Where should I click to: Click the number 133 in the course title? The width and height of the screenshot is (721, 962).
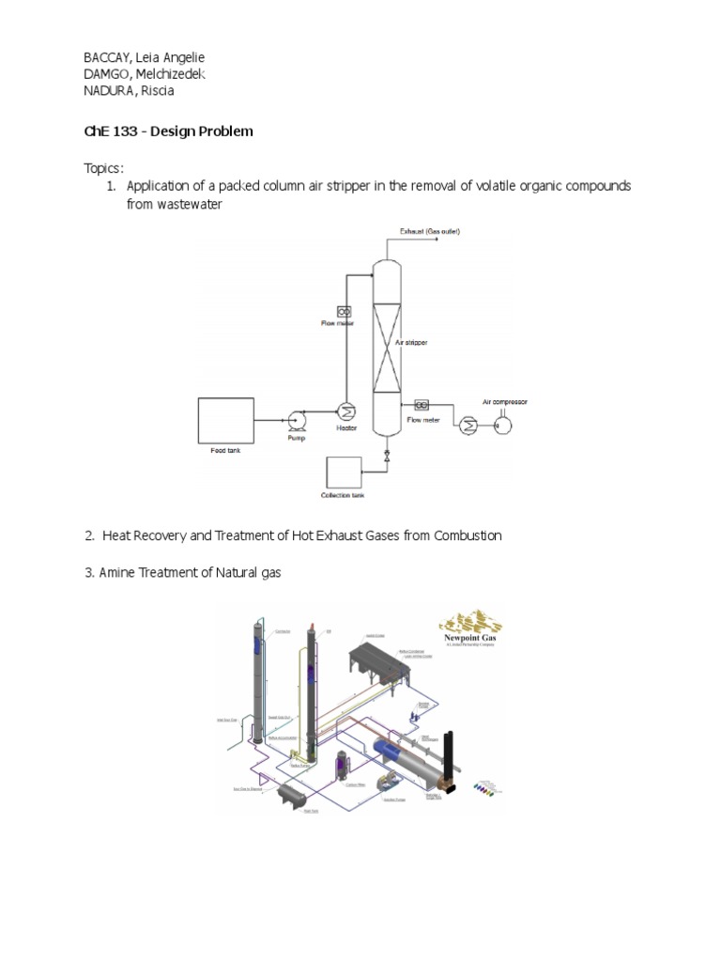coord(129,132)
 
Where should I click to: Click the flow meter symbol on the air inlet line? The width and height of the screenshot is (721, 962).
coord(422,404)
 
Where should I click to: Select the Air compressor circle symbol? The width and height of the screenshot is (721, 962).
coord(502,423)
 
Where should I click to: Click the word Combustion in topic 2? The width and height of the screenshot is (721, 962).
coord(456,535)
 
